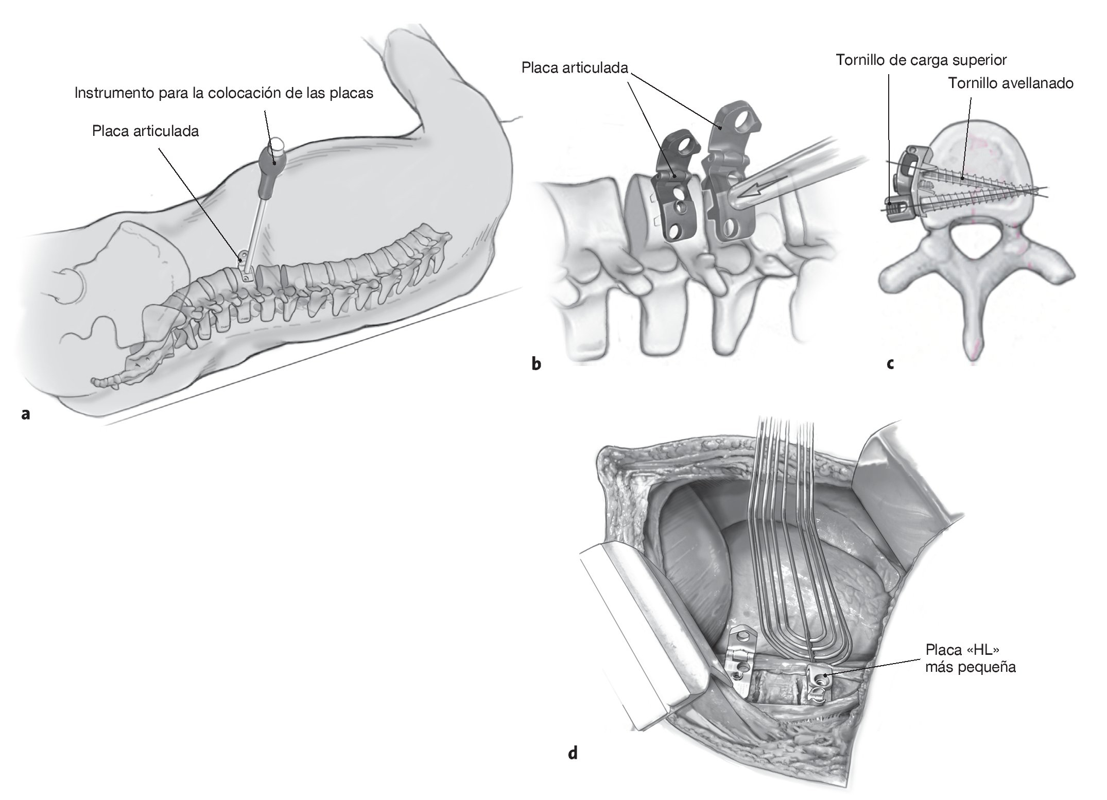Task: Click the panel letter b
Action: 536,364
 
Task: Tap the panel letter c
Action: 890,364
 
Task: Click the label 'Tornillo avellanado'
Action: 1011,83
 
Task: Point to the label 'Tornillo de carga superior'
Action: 921,60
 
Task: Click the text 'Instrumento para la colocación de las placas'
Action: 223,93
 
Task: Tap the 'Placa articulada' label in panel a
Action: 145,131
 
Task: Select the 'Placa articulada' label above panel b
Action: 575,68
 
